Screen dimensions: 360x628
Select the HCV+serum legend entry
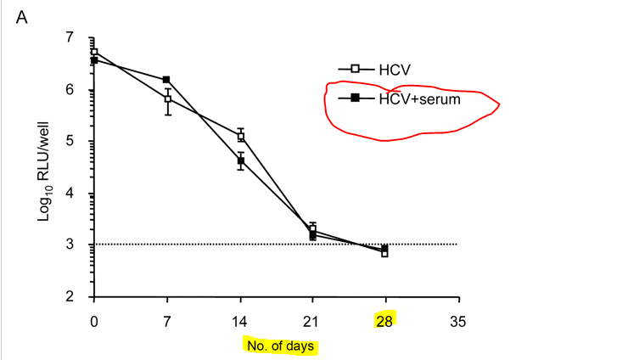407,98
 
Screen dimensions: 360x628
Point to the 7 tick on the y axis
81,38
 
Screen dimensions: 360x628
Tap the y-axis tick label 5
81,142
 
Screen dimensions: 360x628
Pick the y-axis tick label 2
81,296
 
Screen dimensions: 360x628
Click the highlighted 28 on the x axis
386,321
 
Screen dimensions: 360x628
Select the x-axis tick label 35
458,321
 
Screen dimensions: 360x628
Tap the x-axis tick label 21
313,321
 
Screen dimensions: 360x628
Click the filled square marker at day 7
167,80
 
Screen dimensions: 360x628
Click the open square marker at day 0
95,52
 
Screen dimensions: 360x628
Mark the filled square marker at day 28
385,248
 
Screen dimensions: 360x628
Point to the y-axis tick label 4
81,194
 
